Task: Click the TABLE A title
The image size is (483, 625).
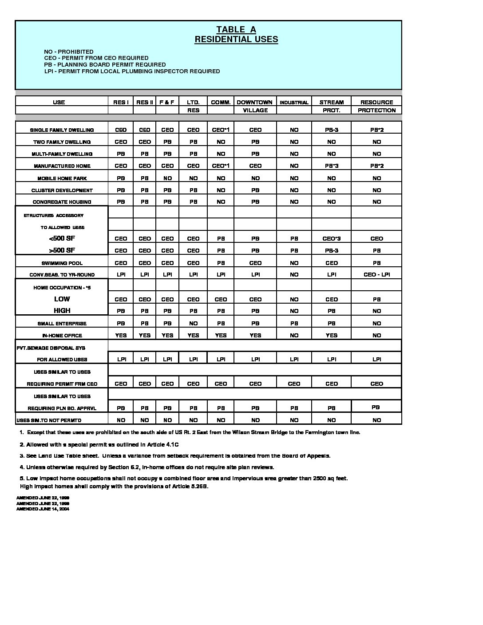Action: (x=236, y=30)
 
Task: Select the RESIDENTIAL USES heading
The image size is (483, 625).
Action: (x=236, y=40)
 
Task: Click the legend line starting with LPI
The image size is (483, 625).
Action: (x=132, y=71)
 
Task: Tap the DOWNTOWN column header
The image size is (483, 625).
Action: (x=255, y=102)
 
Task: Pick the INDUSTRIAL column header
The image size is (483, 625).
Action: (x=294, y=103)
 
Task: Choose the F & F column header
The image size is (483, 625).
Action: (x=167, y=102)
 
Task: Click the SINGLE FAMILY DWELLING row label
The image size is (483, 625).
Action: (x=62, y=130)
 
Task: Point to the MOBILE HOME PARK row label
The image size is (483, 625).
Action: (x=62, y=178)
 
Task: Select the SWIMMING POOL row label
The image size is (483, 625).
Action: (x=62, y=263)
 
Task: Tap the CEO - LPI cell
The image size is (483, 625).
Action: (x=376, y=275)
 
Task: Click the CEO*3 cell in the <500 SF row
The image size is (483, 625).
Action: (x=331, y=239)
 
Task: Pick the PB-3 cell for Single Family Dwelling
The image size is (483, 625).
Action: (x=331, y=130)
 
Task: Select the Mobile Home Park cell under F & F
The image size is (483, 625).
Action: (x=167, y=178)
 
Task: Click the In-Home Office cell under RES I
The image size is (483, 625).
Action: (x=121, y=336)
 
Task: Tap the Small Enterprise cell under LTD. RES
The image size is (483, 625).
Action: (x=193, y=324)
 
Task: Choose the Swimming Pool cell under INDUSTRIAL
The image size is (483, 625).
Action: (x=294, y=263)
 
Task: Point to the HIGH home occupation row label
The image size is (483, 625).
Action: (x=62, y=311)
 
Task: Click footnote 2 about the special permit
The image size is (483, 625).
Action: (x=99, y=444)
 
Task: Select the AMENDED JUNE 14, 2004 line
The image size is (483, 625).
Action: (x=43, y=509)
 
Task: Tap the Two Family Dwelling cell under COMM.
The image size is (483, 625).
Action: (x=221, y=142)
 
